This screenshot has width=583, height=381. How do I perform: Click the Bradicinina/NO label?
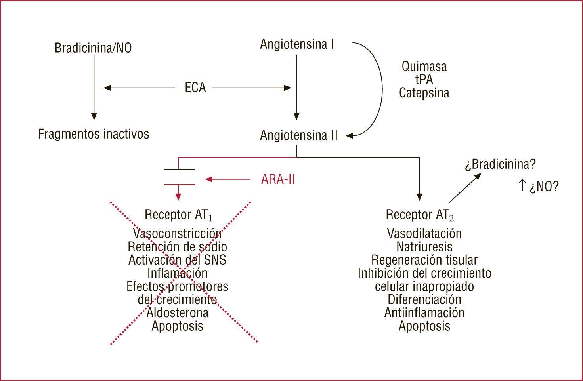click(93, 48)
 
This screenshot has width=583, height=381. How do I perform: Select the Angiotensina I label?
click(297, 44)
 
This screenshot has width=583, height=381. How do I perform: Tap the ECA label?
click(195, 88)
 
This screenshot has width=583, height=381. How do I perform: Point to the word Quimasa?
click(424, 66)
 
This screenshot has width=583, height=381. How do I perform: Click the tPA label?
click(424, 80)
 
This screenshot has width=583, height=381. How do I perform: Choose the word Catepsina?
click(424, 93)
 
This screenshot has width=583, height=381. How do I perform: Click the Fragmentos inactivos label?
click(94, 134)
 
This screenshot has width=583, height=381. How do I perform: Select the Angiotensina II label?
click(299, 135)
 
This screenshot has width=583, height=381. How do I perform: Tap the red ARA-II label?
click(278, 180)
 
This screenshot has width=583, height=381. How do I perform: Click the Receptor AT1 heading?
click(178, 215)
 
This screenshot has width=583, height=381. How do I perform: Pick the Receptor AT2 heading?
click(420, 215)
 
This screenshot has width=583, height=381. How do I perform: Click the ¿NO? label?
click(544, 187)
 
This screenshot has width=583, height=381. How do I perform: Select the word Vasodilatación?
click(424, 233)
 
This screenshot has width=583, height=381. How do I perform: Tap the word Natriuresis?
click(424, 247)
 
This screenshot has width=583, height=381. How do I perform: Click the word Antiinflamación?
click(424, 312)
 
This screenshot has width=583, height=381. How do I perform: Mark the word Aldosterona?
click(177, 312)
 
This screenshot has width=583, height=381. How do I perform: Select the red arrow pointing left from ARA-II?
click(227, 180)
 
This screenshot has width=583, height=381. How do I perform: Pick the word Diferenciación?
click(424, 299)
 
